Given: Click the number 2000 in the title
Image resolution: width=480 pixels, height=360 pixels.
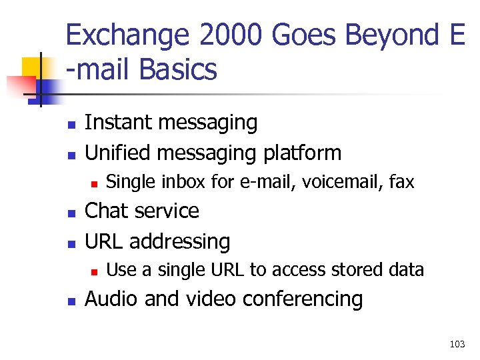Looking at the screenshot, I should pos(229,35).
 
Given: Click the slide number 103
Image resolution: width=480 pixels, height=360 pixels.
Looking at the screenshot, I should pos(457,344).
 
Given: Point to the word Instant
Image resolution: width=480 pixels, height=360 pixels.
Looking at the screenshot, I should pos(115,123).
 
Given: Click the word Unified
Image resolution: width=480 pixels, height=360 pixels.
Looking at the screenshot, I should pos(117,153).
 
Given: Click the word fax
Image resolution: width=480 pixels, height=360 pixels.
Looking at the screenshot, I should pos(401,181).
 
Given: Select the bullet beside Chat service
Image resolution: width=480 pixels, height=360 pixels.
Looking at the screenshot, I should pos(71,213).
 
